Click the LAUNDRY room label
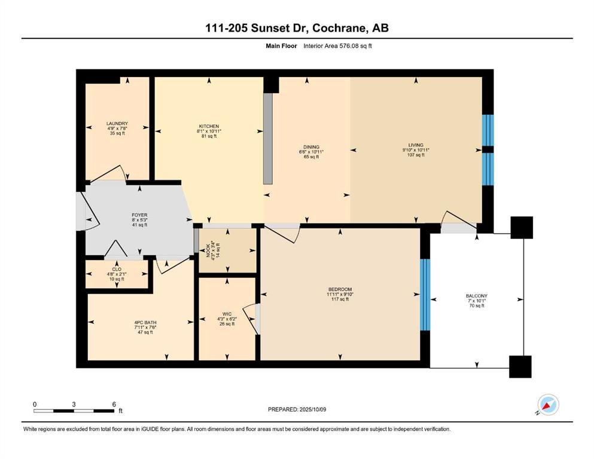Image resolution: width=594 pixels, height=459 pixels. click(117, 123)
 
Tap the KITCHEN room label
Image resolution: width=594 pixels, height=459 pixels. click(209, 126)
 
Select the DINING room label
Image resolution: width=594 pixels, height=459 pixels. click(311, 147)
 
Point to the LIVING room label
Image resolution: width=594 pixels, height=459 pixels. click(416, 145)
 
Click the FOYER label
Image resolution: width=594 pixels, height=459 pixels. click(139, 215)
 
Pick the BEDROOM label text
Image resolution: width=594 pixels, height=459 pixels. click(340, 289)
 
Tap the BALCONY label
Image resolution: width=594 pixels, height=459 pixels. click(477, 296)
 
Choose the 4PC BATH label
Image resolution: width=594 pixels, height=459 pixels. click(145, 322)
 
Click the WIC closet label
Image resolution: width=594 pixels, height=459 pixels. click(227, 314)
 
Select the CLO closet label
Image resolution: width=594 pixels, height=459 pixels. click(117, 269)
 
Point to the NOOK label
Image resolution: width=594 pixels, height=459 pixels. click(208, 250)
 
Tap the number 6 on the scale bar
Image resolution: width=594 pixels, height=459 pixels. click(114, 404)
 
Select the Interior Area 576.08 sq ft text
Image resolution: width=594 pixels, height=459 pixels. click(337, 46)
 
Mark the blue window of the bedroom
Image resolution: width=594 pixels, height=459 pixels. click(425, 295)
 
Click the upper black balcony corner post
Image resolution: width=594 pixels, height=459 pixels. click(522, 228)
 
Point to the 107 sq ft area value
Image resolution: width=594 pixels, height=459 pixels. click(416, 155)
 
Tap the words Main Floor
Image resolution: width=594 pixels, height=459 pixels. click(281, 46)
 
